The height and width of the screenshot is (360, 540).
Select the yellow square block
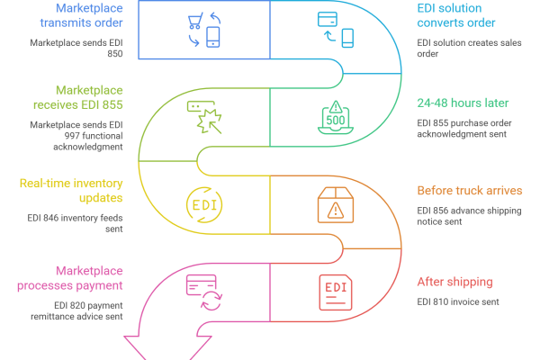171,202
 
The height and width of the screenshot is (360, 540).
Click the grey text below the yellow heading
72,220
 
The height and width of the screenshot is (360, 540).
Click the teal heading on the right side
468,106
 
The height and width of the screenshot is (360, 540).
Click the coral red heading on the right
468,286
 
